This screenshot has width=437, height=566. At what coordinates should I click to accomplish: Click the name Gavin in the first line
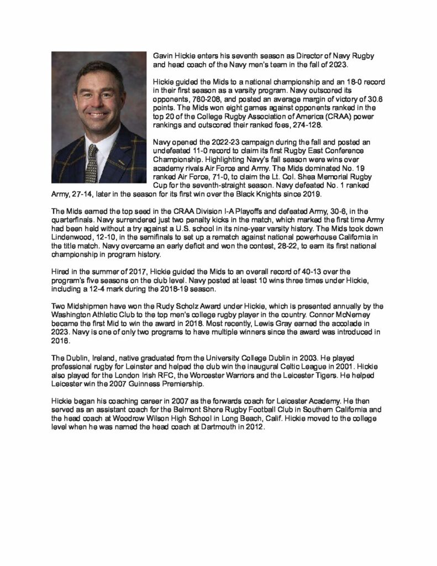pos(162,56)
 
